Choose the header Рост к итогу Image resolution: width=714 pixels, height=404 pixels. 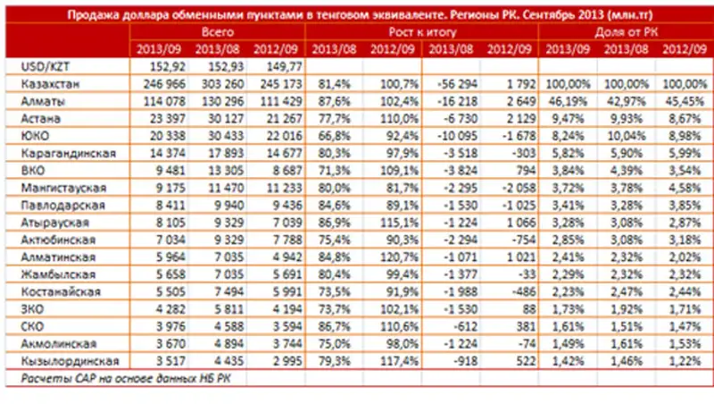(x=422, y=31)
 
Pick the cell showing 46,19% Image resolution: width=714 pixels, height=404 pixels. (x=567, y=100)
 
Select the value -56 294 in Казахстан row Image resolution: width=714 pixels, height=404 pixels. (x=453, y=83)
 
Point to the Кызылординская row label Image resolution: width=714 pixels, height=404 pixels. (x=62, y=361)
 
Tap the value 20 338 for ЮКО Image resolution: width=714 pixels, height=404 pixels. (x=158, y=136)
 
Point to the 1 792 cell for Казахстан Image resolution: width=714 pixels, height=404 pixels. (x=511, y=83)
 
